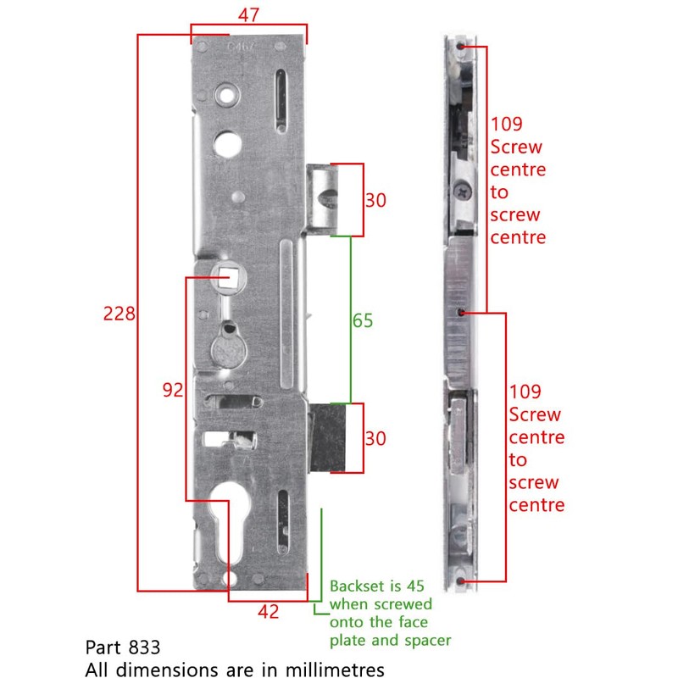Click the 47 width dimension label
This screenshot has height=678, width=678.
coord(248,14)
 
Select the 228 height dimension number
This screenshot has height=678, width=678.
coord(119,314)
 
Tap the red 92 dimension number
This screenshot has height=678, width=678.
coord(173,390)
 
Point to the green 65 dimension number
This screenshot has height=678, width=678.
coord(363,320)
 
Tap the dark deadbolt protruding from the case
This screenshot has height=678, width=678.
coord(326,436)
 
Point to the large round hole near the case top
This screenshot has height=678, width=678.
coord(225,143)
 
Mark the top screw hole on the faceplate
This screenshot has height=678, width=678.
coord(459,45)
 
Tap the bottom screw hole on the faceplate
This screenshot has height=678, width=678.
coord(460,581)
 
